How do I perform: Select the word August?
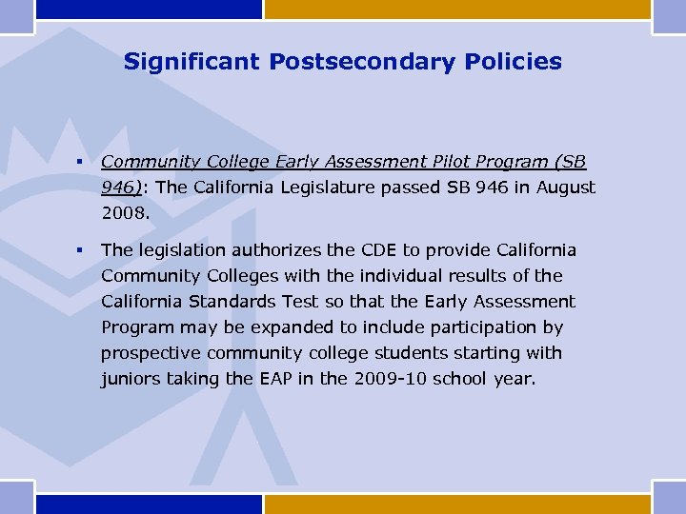[x=566, y=188]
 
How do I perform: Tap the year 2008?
[x=125, y=213]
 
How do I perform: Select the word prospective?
[x=149, y=353]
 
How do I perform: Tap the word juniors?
[x=130, y=379]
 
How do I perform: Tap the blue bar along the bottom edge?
[x=148, y=504]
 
